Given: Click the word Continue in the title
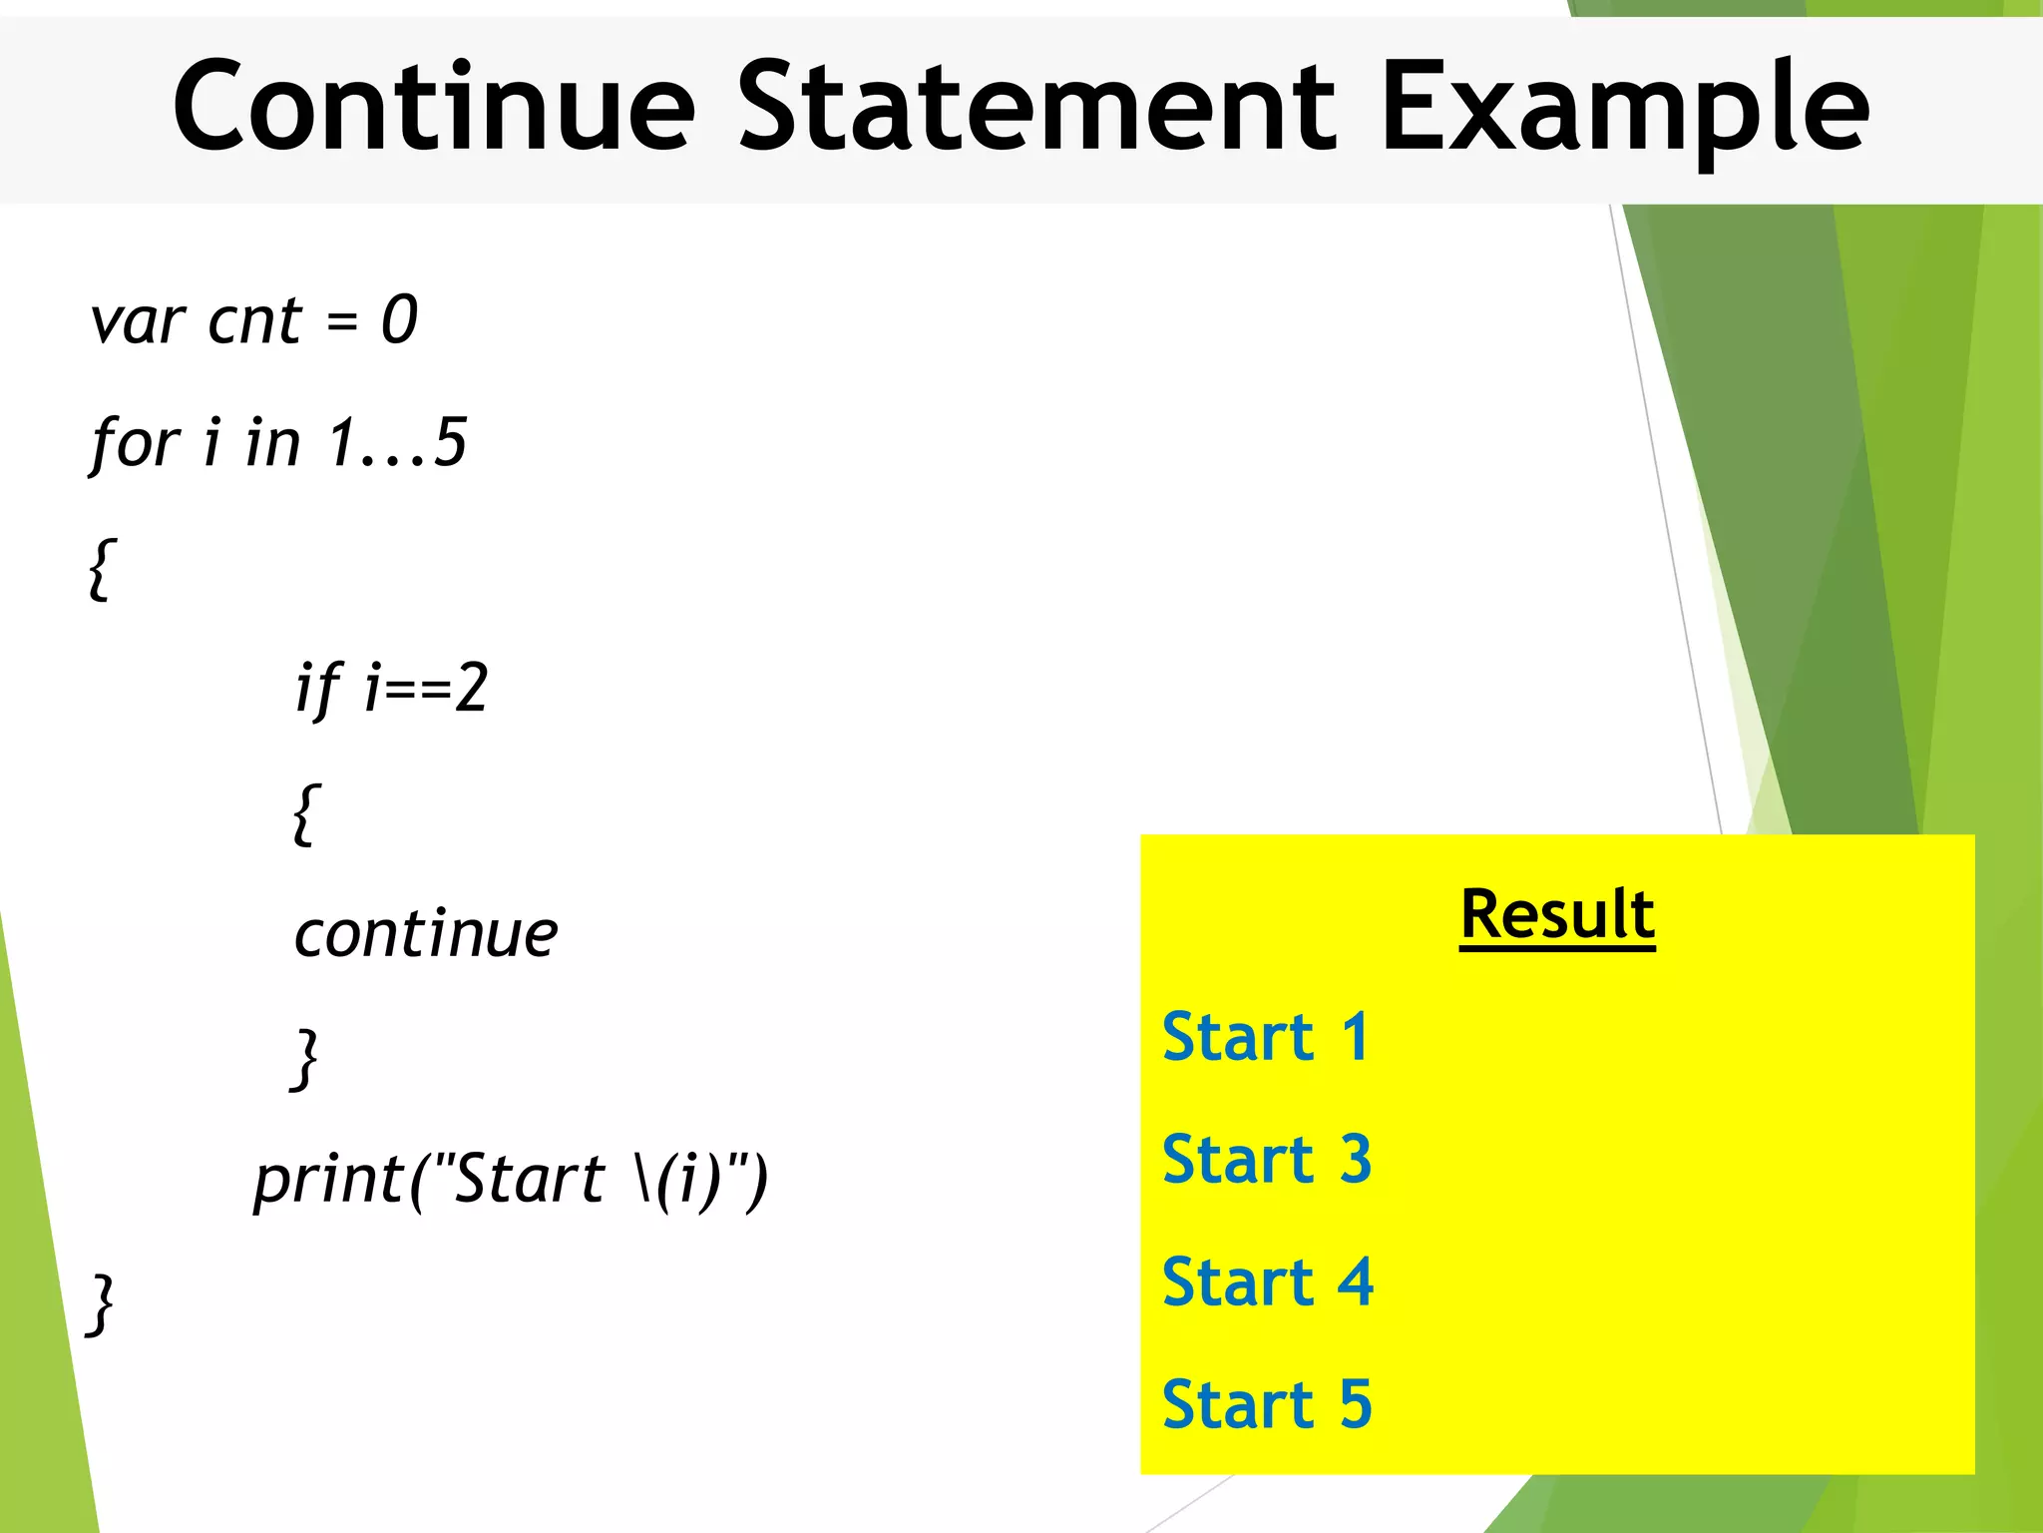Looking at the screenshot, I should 433,108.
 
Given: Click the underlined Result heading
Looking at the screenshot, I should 1556,915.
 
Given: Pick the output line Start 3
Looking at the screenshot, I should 1267,1161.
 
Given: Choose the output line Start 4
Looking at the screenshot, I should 1267,1283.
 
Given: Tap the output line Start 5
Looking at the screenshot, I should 1267,1405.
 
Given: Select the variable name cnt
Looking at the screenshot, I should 253,321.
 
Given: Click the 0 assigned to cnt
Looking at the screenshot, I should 399,321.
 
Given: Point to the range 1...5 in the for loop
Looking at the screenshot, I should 397,442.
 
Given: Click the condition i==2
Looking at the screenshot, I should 426,689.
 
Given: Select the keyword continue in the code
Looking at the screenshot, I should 426,935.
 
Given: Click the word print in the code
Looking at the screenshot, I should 326,1181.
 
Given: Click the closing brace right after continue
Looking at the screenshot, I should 304,1059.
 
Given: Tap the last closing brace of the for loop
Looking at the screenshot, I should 101,1304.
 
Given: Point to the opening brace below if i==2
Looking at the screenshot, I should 306,814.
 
